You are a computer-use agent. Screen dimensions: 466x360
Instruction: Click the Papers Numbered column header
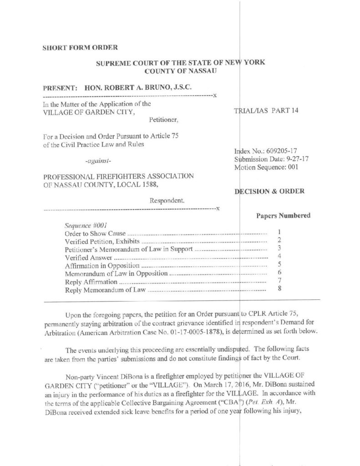pyautogui.click(x=283, y=215)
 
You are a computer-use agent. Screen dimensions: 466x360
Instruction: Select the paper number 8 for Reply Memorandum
pyautogui.click(x=279, y=288)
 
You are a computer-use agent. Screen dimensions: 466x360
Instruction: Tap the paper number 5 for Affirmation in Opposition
pyautogui.click(x=279, y=263)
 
